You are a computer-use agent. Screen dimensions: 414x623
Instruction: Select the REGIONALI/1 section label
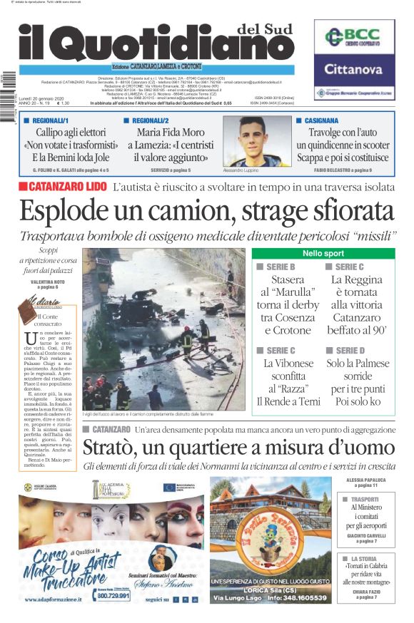click(51, 121)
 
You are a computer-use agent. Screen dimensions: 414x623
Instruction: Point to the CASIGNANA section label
click(321, 121)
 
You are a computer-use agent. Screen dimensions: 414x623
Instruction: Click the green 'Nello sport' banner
click(322, 254)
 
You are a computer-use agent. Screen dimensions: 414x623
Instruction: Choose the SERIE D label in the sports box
click(350, 351)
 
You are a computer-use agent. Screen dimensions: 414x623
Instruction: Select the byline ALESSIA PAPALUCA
click(365, 480)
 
